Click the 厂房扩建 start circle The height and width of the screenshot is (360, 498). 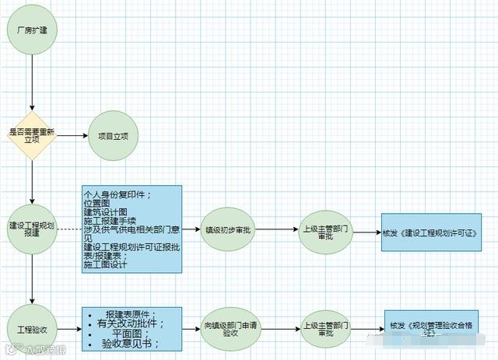(32, 32)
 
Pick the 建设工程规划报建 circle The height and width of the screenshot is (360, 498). (32, 230)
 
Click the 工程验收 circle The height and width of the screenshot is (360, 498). (32, 329)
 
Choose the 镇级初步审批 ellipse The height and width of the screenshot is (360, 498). (228, 230)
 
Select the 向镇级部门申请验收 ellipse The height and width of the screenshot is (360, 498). (228, 329)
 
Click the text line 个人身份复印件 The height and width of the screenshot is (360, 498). (117, 194)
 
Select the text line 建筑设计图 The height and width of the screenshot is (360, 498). (106, 211)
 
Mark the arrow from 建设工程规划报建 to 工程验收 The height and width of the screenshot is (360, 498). (32, 280)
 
